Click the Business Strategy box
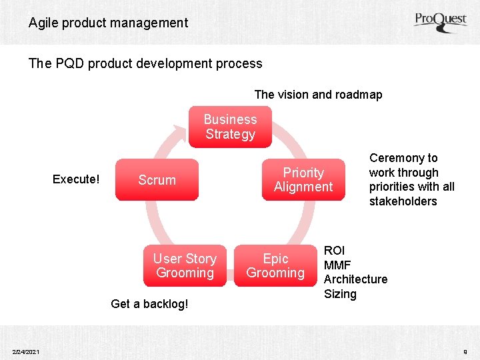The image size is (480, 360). (x=230, y=127)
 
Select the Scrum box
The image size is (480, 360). (x=157, y=180)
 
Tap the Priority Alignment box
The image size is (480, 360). (x=303, y=180)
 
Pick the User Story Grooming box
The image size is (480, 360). (x=185, y=265)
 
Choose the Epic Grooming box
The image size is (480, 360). (x=275, y=265)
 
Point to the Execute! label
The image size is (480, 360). (x=77, y=179)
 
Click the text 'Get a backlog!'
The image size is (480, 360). (x=150, y=304)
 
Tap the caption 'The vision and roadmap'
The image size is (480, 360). (x=319, y=95)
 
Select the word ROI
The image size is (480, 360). (x=335, y=251)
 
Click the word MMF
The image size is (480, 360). (x=337, y=265)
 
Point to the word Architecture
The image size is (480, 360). (x=355, y=279)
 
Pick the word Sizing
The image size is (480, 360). (x=340, y=294)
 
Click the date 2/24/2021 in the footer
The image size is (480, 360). (x=25, y=351)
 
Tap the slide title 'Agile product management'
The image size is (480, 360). (x=108, y=23)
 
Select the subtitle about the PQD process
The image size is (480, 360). (x=145, y=64)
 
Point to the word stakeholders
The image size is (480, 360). (x=403, y=201)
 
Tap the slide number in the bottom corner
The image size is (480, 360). (x=465, y=351)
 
